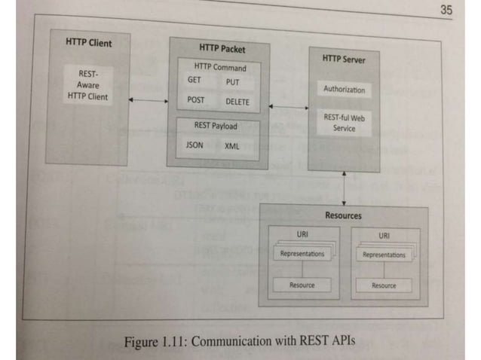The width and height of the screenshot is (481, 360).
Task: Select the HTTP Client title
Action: coord(88,43)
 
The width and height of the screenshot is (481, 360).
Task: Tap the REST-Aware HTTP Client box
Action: coord(87,85)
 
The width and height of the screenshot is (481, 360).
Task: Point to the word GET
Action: coord(194,79)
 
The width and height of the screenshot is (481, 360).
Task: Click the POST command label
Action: coord(195,99)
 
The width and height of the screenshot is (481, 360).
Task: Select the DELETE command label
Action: coord(237,102)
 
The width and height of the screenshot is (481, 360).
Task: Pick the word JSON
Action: coord(195,145)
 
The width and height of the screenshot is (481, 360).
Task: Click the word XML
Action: coord(231,146)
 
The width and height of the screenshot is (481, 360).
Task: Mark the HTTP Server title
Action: coord(343,57)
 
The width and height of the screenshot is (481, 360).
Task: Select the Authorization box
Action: coord(344,90)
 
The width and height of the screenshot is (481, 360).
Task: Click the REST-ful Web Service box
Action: coord(344,123)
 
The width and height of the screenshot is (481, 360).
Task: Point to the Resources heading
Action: coord(343,215)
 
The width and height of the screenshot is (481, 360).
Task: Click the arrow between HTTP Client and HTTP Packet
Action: coord(148,99)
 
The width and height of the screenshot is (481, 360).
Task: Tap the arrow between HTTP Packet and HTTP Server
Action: coord(289,108)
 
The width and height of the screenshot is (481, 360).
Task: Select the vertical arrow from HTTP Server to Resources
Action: coord(344,188)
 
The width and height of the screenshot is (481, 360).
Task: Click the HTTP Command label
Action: coord(219,66)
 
